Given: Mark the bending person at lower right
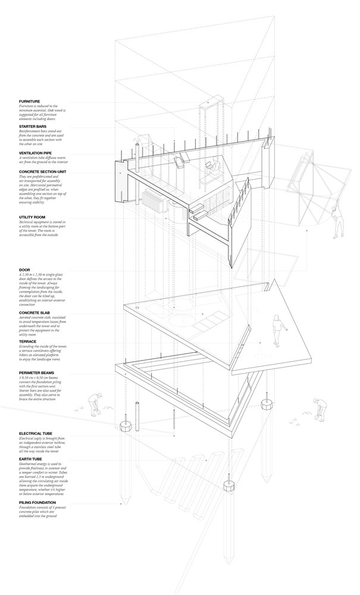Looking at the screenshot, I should (x=317, y=408).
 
